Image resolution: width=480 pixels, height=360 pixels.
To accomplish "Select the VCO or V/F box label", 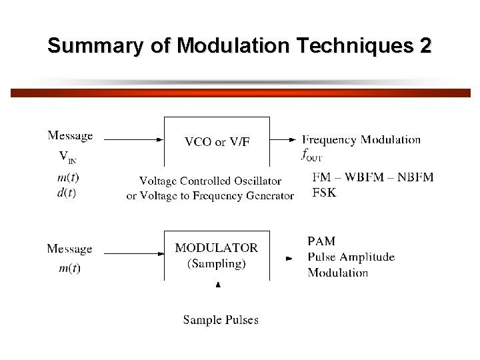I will pos(217,141).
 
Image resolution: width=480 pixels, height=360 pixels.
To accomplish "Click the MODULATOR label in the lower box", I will pos(216,247).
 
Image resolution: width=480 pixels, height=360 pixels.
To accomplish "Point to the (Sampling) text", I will pos(217,263).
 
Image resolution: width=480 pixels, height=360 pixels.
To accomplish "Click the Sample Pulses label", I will pos(221,320).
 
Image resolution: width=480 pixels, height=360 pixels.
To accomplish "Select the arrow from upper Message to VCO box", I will pos(133,139).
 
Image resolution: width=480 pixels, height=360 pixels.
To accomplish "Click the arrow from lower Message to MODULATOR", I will pos(133,253).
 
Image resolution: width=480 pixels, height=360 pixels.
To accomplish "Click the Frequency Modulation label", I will pos(361,139).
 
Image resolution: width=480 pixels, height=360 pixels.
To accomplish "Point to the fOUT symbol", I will pos(312,155).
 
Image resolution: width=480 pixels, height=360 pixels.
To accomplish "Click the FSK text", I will pos(325,193).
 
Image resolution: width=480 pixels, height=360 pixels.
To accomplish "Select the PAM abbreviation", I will pos(321,241).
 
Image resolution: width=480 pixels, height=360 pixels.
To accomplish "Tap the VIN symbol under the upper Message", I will pos(67,157).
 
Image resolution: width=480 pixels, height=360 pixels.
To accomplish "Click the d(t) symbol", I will pos(67,193).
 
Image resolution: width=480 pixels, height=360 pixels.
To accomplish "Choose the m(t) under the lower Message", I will pos(69,268).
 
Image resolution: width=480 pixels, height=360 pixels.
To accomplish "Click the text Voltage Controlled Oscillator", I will pos(210,181).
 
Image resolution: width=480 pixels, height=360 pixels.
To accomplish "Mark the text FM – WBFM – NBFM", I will pos(373,177).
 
